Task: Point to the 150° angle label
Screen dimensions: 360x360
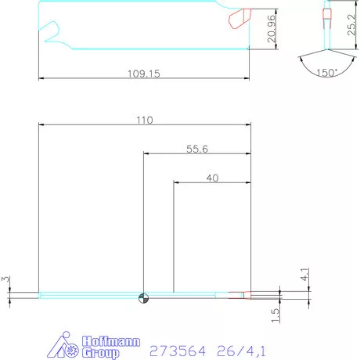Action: click(328, 72)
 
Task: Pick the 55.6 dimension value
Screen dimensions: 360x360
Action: click(197, 149)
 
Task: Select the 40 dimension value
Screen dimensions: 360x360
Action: click(211, 178)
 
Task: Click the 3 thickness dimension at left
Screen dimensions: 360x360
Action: click(5, 279)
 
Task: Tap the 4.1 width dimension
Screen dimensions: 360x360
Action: click(305, 275)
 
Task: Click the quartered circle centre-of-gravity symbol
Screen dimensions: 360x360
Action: click(142, 296)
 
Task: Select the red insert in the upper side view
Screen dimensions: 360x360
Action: click(237, 16)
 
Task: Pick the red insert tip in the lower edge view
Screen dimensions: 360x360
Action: click(238, 296)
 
